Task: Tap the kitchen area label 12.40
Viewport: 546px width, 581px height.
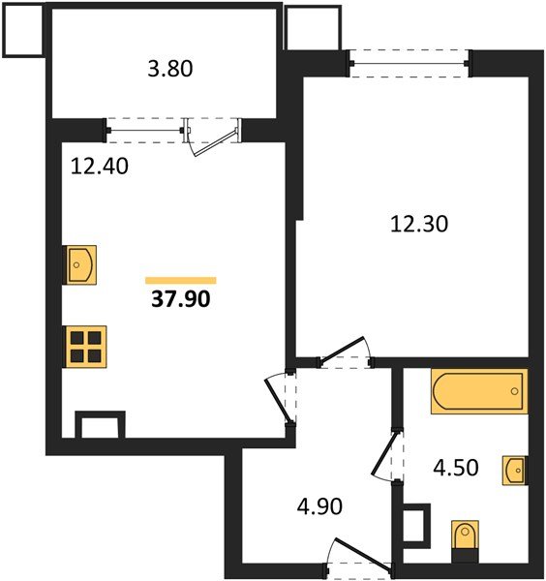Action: (x=100, y=166)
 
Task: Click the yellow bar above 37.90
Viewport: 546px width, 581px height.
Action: (x=180, y=280)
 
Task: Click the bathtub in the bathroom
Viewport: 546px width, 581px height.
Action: (x=478, y=392)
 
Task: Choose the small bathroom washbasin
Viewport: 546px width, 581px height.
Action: (x=514, y=472)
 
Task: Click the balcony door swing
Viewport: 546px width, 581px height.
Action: (x=216, y=138)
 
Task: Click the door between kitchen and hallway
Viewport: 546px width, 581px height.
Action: (x=280, y=397)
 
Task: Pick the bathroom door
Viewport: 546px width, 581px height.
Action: (x=385, y=455)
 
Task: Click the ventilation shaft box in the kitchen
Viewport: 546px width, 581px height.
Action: (x=101, y=425)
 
